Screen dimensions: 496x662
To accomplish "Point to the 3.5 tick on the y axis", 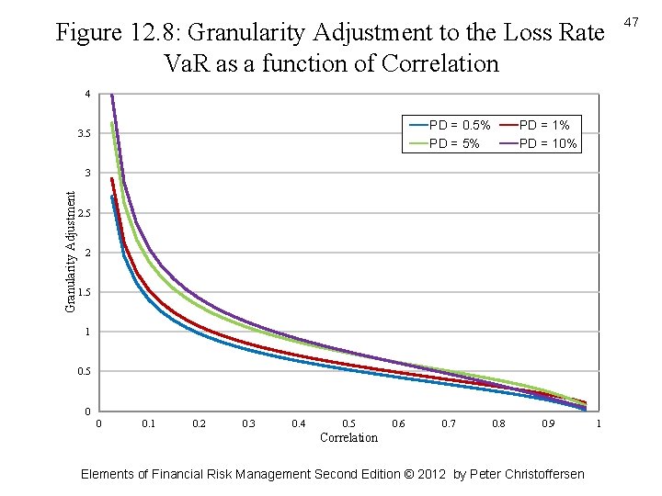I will point(84,134).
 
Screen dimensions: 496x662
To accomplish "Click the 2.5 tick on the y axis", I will point(84,213).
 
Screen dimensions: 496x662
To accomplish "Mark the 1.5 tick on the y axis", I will point(84,292).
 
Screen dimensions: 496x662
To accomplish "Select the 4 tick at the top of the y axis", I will point(87,95).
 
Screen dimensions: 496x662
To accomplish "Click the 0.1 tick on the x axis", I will point(148,423).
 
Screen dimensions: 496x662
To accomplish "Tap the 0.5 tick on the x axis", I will point(348,423).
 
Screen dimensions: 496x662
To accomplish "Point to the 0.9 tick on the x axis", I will point(549,423).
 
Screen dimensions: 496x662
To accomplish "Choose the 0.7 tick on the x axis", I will point(449,423).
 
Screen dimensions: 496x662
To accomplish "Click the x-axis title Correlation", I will point(348,437).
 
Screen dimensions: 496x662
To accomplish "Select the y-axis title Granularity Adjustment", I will point(71,251).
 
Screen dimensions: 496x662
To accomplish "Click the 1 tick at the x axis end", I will point(599,423).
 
